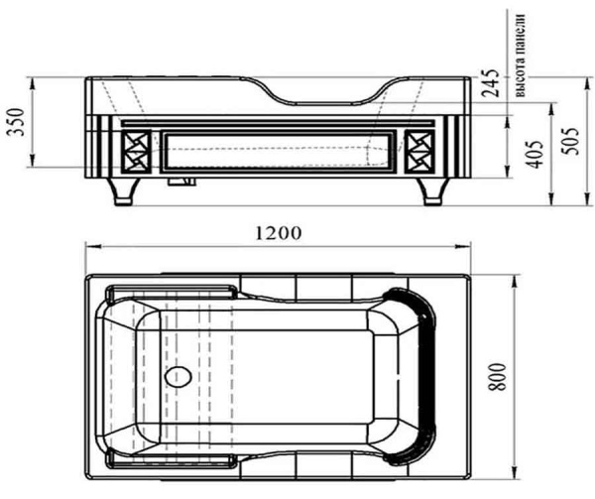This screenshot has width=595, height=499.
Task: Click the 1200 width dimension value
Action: pos(277,234)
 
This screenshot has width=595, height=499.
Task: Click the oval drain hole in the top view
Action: pos(179,377)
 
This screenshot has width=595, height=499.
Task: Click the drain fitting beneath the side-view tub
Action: pos(181,183)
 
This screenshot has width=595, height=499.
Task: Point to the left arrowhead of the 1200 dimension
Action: pos(88,247)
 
